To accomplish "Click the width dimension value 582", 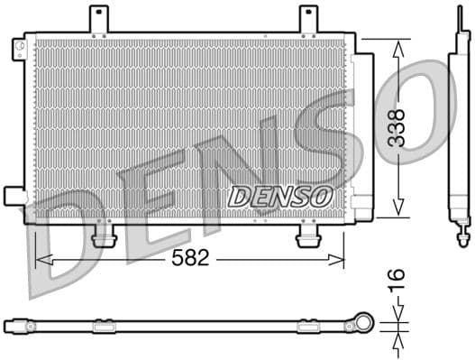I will tap(189, 259).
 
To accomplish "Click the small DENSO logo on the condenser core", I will tap(280, 195).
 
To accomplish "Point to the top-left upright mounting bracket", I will tap(97, 19).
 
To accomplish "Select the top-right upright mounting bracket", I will tap(308, 19).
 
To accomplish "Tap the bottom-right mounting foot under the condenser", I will tap(308, 235).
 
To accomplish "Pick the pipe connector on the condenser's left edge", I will tap(14, 195).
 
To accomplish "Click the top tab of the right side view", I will tap(456, 22).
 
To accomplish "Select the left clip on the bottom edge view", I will tap(104, 323).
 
